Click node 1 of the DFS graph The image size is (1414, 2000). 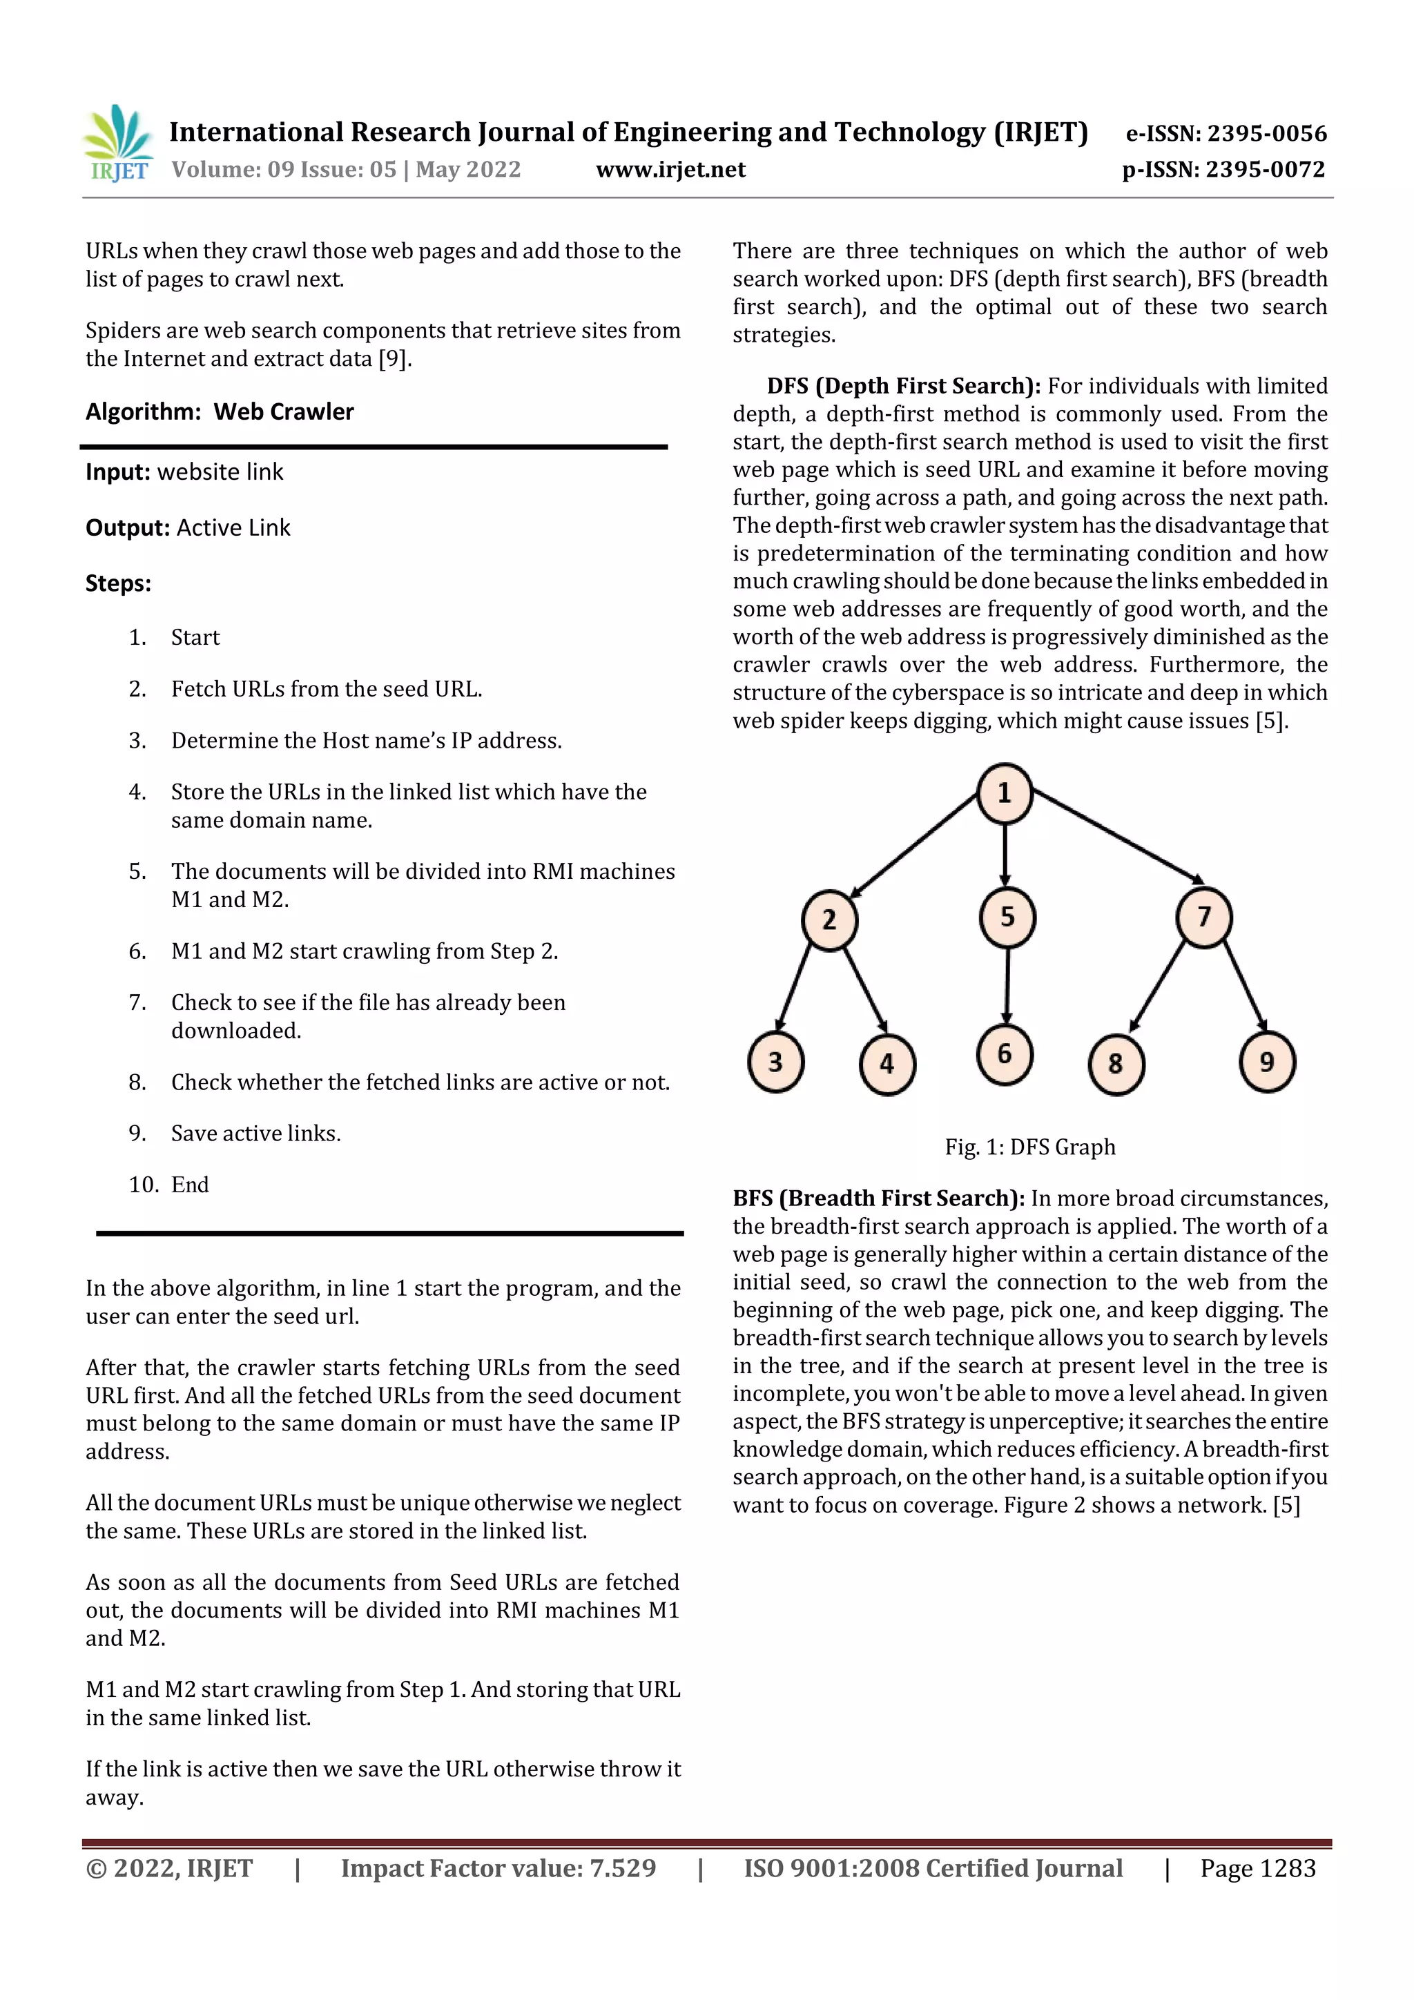[x=1004, y=793]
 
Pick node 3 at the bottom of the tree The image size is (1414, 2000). [x=775, y=1062]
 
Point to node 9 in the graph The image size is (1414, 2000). [x=1267, y=1062]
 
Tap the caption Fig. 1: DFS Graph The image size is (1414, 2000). [x=1030, y=1147]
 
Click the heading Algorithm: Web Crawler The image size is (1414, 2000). [x=220, y=411]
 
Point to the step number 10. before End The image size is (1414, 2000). [x=144, y=1185]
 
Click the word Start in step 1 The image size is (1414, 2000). [x=195, y=638]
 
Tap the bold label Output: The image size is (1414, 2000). [x=127, y=528]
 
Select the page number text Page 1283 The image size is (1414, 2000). [x=1257, y=1867]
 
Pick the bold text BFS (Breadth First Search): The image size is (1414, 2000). [x=878, y=1198]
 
